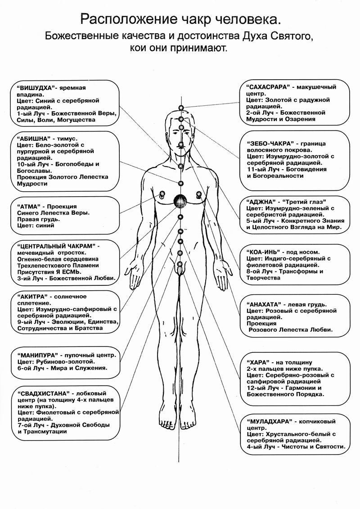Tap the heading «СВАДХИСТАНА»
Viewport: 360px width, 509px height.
tap(43, 392)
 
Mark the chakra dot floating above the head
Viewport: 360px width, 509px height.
tap(181, 108)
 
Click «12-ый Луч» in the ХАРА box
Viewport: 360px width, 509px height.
tap(263, 387)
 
